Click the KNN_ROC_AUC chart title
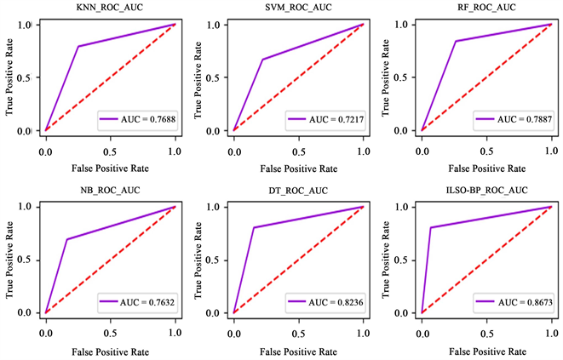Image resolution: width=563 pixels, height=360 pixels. click(109, 7)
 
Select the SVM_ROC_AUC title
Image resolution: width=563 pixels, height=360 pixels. click(298, 7)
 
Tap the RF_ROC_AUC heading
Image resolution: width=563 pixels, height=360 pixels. click(486, 7)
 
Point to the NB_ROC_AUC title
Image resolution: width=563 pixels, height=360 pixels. click(109, 189)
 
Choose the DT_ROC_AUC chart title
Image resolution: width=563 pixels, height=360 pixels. click(298, 189)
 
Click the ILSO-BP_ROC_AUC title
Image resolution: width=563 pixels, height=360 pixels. click(486, 189)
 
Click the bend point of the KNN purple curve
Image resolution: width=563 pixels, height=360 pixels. click(78, 46)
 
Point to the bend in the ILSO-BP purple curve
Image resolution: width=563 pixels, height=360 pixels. click(431, 227)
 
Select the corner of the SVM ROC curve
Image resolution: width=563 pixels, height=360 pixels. click(262, 60)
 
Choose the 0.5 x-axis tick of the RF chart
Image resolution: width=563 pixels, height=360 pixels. click(486, 147)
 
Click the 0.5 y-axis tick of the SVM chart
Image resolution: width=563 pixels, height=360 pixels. click(221, 77)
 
